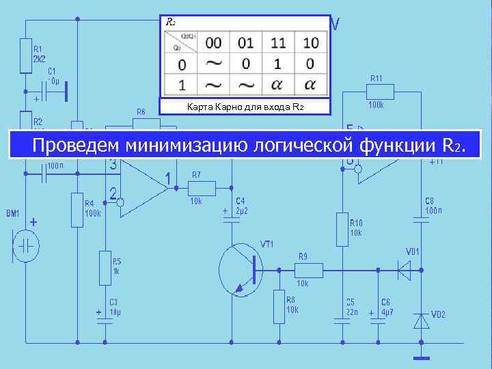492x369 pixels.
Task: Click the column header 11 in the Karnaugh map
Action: (278, 43)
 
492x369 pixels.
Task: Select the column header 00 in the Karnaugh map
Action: (214, 43)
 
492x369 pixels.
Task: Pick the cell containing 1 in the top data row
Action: (278, 64)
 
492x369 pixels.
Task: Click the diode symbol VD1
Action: (406, 270)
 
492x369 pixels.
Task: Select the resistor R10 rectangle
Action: (342, 229)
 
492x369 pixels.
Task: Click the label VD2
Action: (438, 314)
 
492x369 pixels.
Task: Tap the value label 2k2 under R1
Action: (40, 59)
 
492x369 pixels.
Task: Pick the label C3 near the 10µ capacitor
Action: (113, 302)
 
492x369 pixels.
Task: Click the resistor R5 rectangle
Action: (105, 266)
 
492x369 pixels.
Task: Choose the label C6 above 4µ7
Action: (386, 302)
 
